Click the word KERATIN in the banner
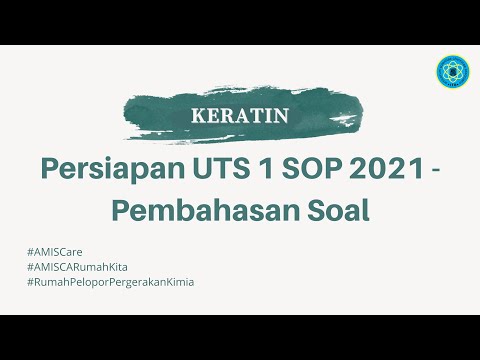point(240,116)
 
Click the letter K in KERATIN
point(197,116)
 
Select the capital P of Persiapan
point(51,169)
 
